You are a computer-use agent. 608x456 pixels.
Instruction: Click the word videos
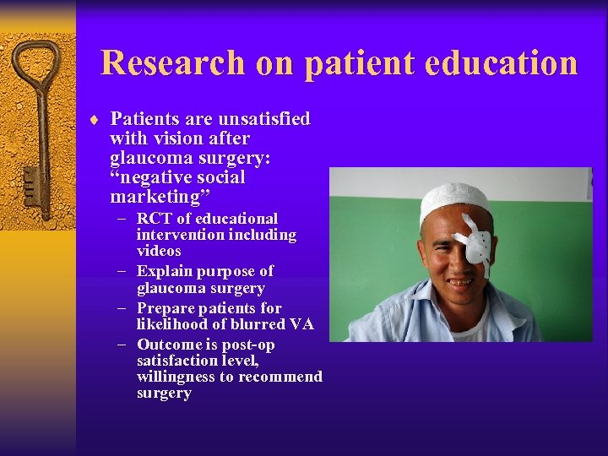point(159,252)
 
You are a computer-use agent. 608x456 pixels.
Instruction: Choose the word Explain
point(163,271)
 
